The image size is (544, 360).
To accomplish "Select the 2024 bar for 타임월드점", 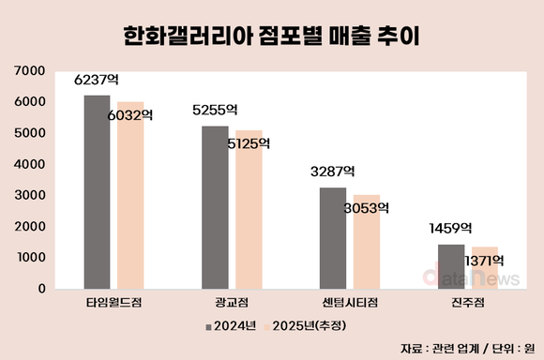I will pyautogui.click(x=97, y=191).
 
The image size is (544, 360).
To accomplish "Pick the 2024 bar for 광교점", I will pyautogui.click(x=215, y=207).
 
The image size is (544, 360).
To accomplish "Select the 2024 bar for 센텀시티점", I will pyautogui.click(x=333, y=238).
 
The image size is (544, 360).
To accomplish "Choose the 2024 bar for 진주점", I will pyautogui.click(x=451, y=266).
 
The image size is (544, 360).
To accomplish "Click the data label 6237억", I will pyautogui.click(x=97, y=81).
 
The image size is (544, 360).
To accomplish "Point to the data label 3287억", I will pyautogui.click(x=333, y=172).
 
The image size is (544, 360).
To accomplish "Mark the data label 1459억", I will pyautogui.click(x=451, y=229).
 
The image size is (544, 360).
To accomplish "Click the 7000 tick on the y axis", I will pyautogui.click(x=31, y=70).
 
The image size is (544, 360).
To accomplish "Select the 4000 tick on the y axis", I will pyautogui.click(x=31, y=164).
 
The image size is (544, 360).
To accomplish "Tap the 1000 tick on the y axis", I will pyautogui.click(x=31, y=258).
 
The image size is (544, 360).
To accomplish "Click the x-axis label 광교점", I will pyautogui.click(x=232, y=304).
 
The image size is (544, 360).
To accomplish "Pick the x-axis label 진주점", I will pyautogui.click(x=467, y=304).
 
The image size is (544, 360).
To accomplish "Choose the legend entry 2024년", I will pyautogui.click(x=230, y=325).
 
